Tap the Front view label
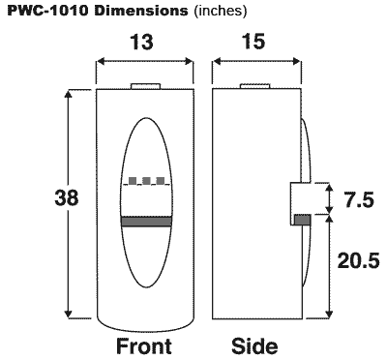coord(144,345)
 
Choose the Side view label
coord(255,345)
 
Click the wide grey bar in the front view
coord(145,223)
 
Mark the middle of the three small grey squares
coord(146,181)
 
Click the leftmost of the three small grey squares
coord(134,181)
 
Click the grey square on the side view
coord(301,220)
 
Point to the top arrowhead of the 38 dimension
coord(69,94)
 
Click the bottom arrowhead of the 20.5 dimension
coord(330,313)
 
